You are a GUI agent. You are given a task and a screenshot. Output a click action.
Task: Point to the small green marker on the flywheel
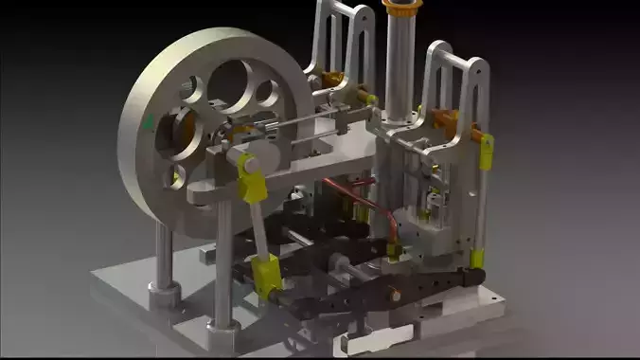tap(147, 121)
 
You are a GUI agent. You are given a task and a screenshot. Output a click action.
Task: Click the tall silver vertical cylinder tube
tap(399, 66)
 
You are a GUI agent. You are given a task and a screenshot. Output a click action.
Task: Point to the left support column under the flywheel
tap(165, 256)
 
